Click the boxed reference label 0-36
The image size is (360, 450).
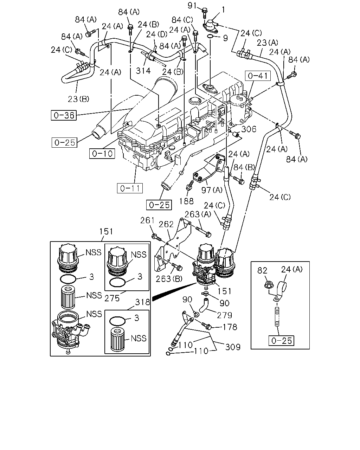(64, 115)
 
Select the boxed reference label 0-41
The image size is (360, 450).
(258, 76)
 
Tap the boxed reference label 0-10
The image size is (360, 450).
(102, 154)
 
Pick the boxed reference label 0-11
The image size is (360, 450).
(130, 188)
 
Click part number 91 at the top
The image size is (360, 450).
(192, 6)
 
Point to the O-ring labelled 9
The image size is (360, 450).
(210, 37)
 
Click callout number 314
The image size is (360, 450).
(143, 71)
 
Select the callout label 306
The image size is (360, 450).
(249, 129)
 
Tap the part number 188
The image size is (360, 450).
(186, 201)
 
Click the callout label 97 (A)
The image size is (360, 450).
(212, 190)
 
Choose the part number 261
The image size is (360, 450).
(147, 220)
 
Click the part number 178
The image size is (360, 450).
(230, 327)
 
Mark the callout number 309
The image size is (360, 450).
(233, 347)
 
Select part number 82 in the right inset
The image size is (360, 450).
(262, 271)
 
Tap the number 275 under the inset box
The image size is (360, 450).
(112, 298)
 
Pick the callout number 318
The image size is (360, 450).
(143, 302)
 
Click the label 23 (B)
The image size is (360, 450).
(79, 99)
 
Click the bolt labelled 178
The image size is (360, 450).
(206, 326)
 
